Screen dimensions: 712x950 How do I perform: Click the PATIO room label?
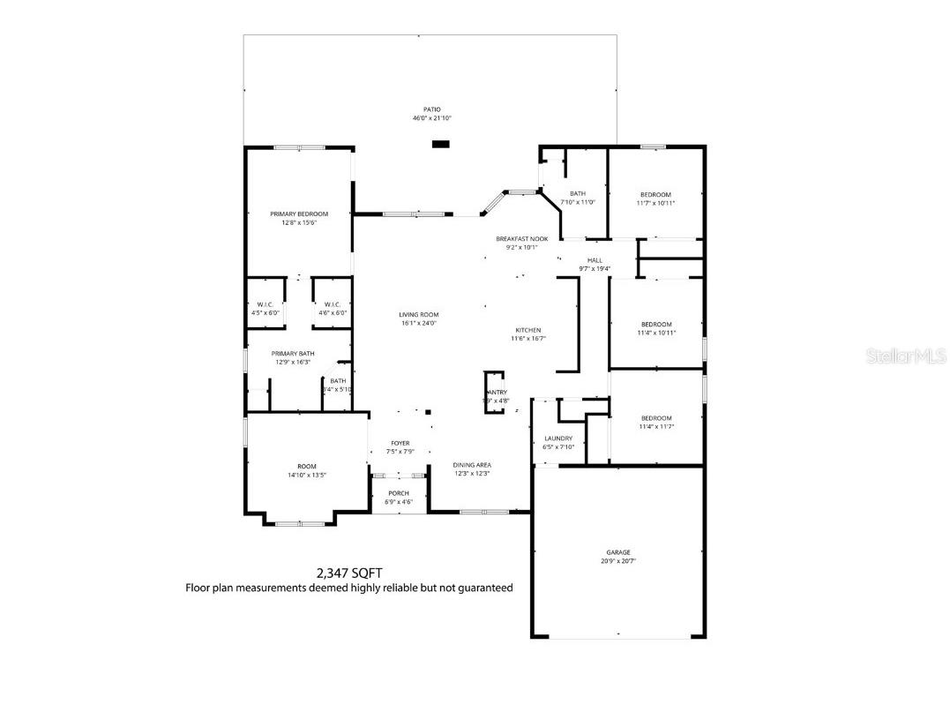pyautogui.click(x=431, y=109)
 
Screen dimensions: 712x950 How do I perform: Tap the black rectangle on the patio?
pyautogui.click(x=440, y=144)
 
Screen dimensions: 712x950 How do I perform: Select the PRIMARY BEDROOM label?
pyautogui.click(x=299, y=214)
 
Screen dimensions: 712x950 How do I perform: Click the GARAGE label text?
pyautogui.click(x=617, y=552)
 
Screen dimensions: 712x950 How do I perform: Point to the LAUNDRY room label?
pyautogui.click(x=558, y=438)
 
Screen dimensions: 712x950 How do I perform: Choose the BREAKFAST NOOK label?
pyautogui.click(x=521, y=239)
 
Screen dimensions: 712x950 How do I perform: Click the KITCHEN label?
pyautogui.click(x=528, y=330)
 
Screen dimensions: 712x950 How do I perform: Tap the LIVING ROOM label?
pyautogui.click(x=418, y=315)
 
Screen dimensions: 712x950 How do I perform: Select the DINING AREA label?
pyautogui.click(x=472, y=465)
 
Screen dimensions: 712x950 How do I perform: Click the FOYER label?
pyautogui.click(x=400, y=444)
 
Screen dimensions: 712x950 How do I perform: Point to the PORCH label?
pyautogui.click(x=399, y=493)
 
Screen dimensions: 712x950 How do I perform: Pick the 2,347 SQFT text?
pyautogui.click(x=349, y=573)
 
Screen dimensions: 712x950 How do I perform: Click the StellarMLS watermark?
pyautogui.click(x=906, y=356)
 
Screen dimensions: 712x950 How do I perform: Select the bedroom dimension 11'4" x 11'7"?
pyautogui.click(x=655, y=426)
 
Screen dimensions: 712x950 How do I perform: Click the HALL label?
pyautogui.click(x=595, y=260)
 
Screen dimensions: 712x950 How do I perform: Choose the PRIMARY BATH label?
pyautogui.click(x=293, y=353)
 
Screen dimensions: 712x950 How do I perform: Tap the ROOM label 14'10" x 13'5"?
pyautogui.click(x=306, y=466)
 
